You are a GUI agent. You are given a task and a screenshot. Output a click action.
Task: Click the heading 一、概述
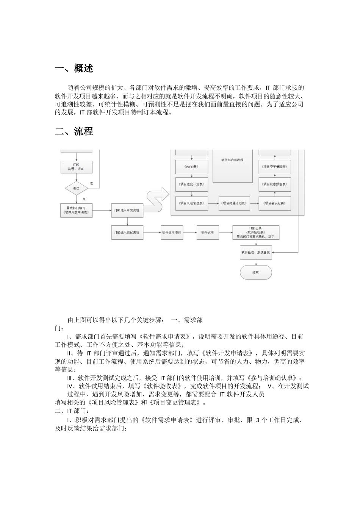74,69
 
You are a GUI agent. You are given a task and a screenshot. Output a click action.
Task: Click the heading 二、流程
74,131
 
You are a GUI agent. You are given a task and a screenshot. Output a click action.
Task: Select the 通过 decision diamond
76,188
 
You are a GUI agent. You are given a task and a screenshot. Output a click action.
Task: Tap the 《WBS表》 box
192,166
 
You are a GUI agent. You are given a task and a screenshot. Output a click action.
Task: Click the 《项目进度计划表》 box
192,184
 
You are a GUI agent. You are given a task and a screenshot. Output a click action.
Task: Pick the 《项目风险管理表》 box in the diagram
192,203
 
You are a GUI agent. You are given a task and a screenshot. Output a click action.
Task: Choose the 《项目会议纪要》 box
275,203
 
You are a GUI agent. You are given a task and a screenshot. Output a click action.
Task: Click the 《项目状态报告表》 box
275,184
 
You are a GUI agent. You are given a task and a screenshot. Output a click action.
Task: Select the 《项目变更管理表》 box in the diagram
275,166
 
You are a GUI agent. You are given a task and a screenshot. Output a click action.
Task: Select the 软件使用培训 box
172,232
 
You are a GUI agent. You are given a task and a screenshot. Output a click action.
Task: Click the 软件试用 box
208,232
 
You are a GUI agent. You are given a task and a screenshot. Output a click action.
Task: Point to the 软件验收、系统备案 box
256,252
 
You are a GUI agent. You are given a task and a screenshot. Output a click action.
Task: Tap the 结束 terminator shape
256,272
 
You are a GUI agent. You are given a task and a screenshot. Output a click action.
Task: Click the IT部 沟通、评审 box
76,167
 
